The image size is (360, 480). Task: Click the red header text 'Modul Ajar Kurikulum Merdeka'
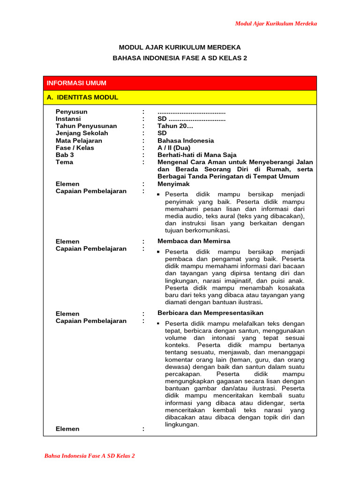coord(276,23)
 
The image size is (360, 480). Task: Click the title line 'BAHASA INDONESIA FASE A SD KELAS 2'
coord(180,58)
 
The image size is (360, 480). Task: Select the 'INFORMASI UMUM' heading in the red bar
coord(76,83)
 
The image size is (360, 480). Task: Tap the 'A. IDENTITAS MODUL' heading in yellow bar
coord(82,97)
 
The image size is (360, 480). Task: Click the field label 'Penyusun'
coord(72,112)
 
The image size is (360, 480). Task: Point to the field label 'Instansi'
coord(68,119)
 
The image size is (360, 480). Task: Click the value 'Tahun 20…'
coord(175,126)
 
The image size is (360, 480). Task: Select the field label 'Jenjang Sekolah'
coord(82,133)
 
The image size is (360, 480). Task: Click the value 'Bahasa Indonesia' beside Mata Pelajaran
coord(186,141)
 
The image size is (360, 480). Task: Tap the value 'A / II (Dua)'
coord(174,148)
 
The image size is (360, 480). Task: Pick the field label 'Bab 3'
coord(65,155)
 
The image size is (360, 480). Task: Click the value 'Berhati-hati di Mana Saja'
coord(197,155)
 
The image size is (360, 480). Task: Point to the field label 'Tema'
coord(64,162)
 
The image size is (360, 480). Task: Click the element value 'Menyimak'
coord(171,184)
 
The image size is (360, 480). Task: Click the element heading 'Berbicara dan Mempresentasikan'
coord(210,313)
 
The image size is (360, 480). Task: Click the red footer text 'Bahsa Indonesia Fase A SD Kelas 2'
coord(90,456)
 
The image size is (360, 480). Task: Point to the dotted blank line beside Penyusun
coord(191,112)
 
